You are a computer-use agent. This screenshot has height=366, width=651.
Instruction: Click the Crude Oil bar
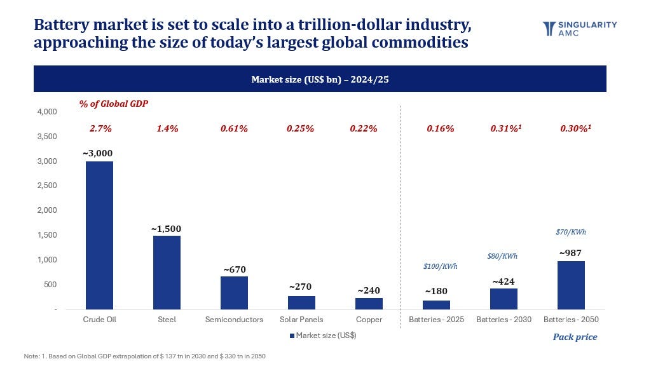coord(99,235)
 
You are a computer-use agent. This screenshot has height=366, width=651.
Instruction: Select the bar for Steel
coord(167,273)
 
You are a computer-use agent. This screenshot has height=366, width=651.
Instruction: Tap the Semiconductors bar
coord(234,293)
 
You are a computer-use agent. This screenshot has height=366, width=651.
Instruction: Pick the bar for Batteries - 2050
coord(571,285)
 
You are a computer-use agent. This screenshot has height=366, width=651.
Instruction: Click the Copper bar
coord(369,304)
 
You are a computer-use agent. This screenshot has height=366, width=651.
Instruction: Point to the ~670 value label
coord(235,269)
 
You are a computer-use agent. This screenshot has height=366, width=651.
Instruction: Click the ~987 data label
coord(570,253)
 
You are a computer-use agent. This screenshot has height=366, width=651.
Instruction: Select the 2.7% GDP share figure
coord(100,128)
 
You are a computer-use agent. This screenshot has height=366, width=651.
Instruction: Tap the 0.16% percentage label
coord(440,128)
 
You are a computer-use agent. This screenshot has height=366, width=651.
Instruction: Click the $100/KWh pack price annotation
coord(440,266)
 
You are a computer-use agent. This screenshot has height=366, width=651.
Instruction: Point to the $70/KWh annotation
coord(571,232)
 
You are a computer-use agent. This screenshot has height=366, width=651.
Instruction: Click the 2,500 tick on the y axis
coord(47,186)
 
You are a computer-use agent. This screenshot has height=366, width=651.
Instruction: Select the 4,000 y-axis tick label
coord(47,112)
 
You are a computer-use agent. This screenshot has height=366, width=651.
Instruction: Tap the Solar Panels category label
coord(301,320)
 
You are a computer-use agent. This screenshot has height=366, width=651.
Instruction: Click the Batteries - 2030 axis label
coord(504,320)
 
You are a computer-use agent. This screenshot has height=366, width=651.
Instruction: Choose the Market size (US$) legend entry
coord(323,335)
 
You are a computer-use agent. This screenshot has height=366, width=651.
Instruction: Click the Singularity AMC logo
coord(580,29)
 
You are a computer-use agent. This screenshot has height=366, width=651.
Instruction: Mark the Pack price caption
coord(575,337)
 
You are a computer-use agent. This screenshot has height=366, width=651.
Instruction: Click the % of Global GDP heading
coord(113,104)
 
